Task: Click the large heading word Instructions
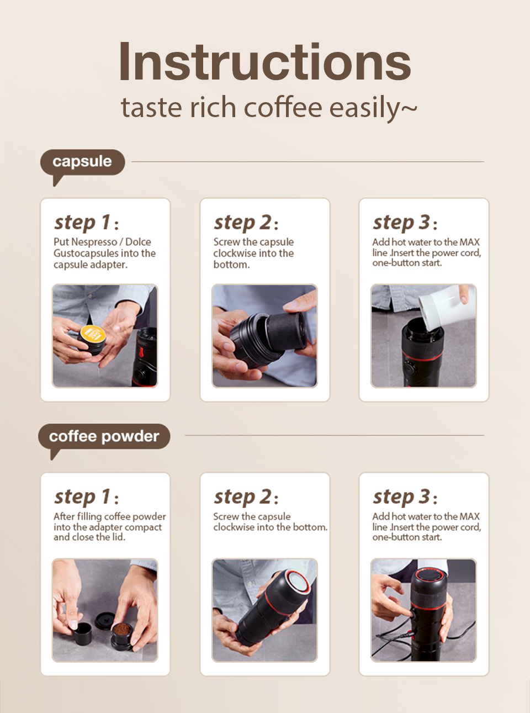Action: click(x=264, y=62)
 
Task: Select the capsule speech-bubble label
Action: click(x=82, y=162)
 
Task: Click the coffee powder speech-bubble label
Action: click(x=104, y=436)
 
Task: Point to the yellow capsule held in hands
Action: click(x=93, y=335)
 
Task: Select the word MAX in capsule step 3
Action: click(x=469, y=242)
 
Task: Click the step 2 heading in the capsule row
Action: click(x=246, y=223)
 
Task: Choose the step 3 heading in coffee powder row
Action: click(x=405, y=497)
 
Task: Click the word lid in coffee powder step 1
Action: click(x=118, y=537)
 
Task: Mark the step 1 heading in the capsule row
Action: click(x=86, y=223)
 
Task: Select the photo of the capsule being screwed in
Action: click(x=264, y=336)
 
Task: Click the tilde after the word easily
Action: click(x=409, y=108)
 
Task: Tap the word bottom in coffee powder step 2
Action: click(x=309, y=527)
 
